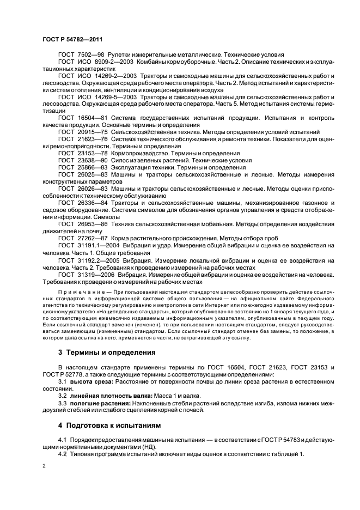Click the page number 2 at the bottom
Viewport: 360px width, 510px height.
click(45, 467)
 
